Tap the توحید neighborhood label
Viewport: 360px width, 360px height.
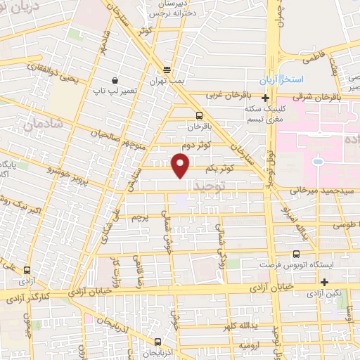coord(212,186)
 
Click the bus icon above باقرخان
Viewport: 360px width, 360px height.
coord(199,115)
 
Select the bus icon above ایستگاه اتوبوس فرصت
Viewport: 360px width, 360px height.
coord(296,253)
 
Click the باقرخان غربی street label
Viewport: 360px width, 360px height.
coord(228,96)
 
